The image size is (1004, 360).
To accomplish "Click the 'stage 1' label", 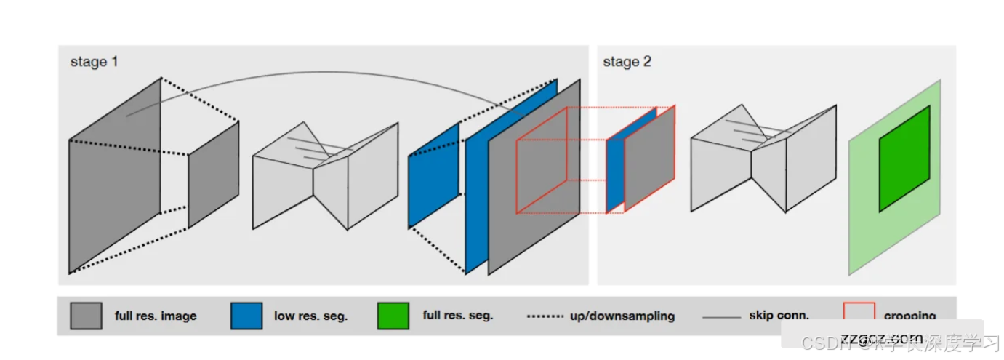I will click(x=94, y=62).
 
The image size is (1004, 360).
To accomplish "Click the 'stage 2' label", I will click(x=627, y=62).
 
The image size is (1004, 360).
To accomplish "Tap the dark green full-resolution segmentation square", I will click(x=904, y=159).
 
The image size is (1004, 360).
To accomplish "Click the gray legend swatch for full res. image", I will click(x=86, y=316).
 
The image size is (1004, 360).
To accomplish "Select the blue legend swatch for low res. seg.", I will click(x=246, y=316).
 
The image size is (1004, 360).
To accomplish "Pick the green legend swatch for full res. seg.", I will click(x=393, y=316).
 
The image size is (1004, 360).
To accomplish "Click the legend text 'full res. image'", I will click(x=156, y=316).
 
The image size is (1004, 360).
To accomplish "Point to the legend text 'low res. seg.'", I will click(x=310, y=316).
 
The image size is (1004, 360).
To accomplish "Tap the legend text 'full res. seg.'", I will click(x=458, y=316).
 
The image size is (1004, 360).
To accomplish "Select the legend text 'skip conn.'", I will click(x=779, y=316).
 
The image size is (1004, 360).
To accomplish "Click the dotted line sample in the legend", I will click(x=545, y=316).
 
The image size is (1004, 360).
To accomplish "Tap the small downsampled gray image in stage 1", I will click(x=214, y=175).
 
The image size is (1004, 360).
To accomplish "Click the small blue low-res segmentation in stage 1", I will click(x=433, y=175).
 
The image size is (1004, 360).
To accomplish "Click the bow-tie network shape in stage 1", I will click(x=325, y=175).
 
